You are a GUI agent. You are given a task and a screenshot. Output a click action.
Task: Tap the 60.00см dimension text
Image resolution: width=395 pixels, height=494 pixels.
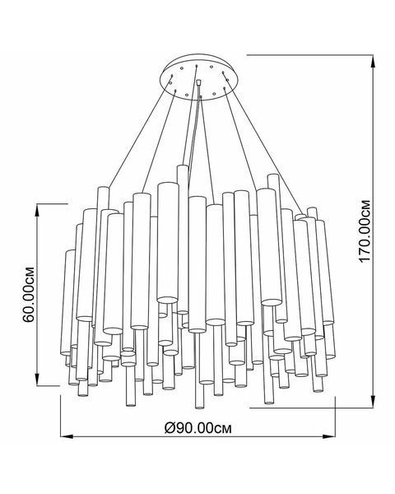[29, 295]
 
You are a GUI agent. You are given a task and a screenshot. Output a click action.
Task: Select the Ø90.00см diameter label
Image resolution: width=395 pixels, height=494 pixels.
[198, 427]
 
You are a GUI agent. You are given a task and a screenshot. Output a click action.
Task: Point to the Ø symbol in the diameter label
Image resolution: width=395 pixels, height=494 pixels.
[170, 428]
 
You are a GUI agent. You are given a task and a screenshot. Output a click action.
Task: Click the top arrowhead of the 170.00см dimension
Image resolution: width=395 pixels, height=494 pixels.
[374, 60]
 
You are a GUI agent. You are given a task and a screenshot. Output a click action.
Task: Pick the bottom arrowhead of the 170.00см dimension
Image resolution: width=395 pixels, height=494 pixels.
[374, 402]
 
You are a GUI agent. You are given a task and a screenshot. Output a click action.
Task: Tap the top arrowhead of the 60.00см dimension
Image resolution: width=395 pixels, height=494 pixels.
[37, 210]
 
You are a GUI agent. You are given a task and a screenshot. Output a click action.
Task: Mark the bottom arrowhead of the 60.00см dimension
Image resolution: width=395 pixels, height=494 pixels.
[37, 380]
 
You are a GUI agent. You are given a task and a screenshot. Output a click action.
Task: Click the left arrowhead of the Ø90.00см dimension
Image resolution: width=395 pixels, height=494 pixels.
[67, 436]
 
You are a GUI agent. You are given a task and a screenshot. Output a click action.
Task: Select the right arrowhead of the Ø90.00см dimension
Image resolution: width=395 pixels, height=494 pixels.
[329, 436]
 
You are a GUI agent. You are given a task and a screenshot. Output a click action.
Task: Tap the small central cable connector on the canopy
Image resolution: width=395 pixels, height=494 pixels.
[198, 82]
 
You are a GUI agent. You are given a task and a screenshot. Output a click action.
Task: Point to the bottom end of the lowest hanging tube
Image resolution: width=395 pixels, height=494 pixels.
[199, 407]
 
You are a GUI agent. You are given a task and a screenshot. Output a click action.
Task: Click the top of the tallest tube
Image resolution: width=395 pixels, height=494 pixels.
[183, 165]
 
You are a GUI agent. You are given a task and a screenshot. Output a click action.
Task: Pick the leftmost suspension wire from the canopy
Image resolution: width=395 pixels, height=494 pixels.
[140, 131]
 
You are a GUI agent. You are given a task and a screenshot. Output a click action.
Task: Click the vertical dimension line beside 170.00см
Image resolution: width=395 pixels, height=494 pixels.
[374, 231]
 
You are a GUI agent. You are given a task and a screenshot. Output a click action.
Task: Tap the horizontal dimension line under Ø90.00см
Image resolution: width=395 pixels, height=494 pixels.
[197, 436]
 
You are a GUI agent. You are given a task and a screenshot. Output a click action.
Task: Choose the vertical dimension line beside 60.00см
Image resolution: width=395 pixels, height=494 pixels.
[37, 295]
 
